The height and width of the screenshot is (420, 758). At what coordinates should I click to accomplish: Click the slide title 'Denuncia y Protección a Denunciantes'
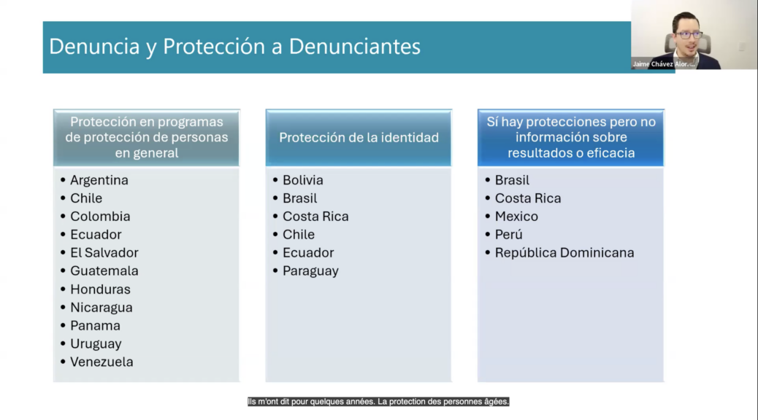pyautogui.click(x=235, y=47)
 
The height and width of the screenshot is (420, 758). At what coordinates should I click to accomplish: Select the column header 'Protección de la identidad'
pyautogui.click(x=359, y=138)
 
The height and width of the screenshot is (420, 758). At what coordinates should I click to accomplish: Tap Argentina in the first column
pyautogui.click(x=99, y=180)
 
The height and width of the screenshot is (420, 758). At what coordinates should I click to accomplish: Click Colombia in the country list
pyautogui.click(x=100, y=217)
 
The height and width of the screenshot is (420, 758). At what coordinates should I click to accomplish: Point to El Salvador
pyautogui.click(x=104, y=252)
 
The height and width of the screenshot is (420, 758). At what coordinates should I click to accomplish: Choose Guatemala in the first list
pyautogui.click(x=104, y=271)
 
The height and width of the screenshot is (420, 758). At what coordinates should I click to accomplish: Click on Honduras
pyautogui.click(x=100, y=289)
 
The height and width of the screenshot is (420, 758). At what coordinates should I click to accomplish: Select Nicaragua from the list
pyautogui.click(x=101, y=308)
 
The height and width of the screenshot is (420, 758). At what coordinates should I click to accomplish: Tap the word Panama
pyautogui.click(x=95, y=325)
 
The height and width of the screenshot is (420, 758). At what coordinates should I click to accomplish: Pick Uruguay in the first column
pyautogui.click(x=96, y=343)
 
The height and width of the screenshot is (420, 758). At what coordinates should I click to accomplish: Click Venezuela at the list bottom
pyautogui.click(x=102, y=362)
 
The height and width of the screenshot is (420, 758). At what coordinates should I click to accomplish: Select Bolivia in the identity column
pyautogui.click(x=302, y=180)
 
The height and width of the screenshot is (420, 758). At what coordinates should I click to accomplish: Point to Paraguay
pyautogui.click(x=310, y=271)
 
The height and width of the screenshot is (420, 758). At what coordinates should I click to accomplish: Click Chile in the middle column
pyautogui.click(x=298, y=235)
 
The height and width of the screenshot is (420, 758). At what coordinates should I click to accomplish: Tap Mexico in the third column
pyautogui.click(x=516, y=217)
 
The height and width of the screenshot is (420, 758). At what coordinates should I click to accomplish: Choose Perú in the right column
pyautogui.click(x=508, y=235)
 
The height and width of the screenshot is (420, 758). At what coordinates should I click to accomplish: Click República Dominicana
pyautogui.click(x=564, y=252)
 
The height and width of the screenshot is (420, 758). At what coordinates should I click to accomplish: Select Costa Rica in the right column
pyautogui.click(x=528, y=198)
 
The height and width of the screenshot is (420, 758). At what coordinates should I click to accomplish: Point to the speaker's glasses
pyautogui.click(x=689, y=35)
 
